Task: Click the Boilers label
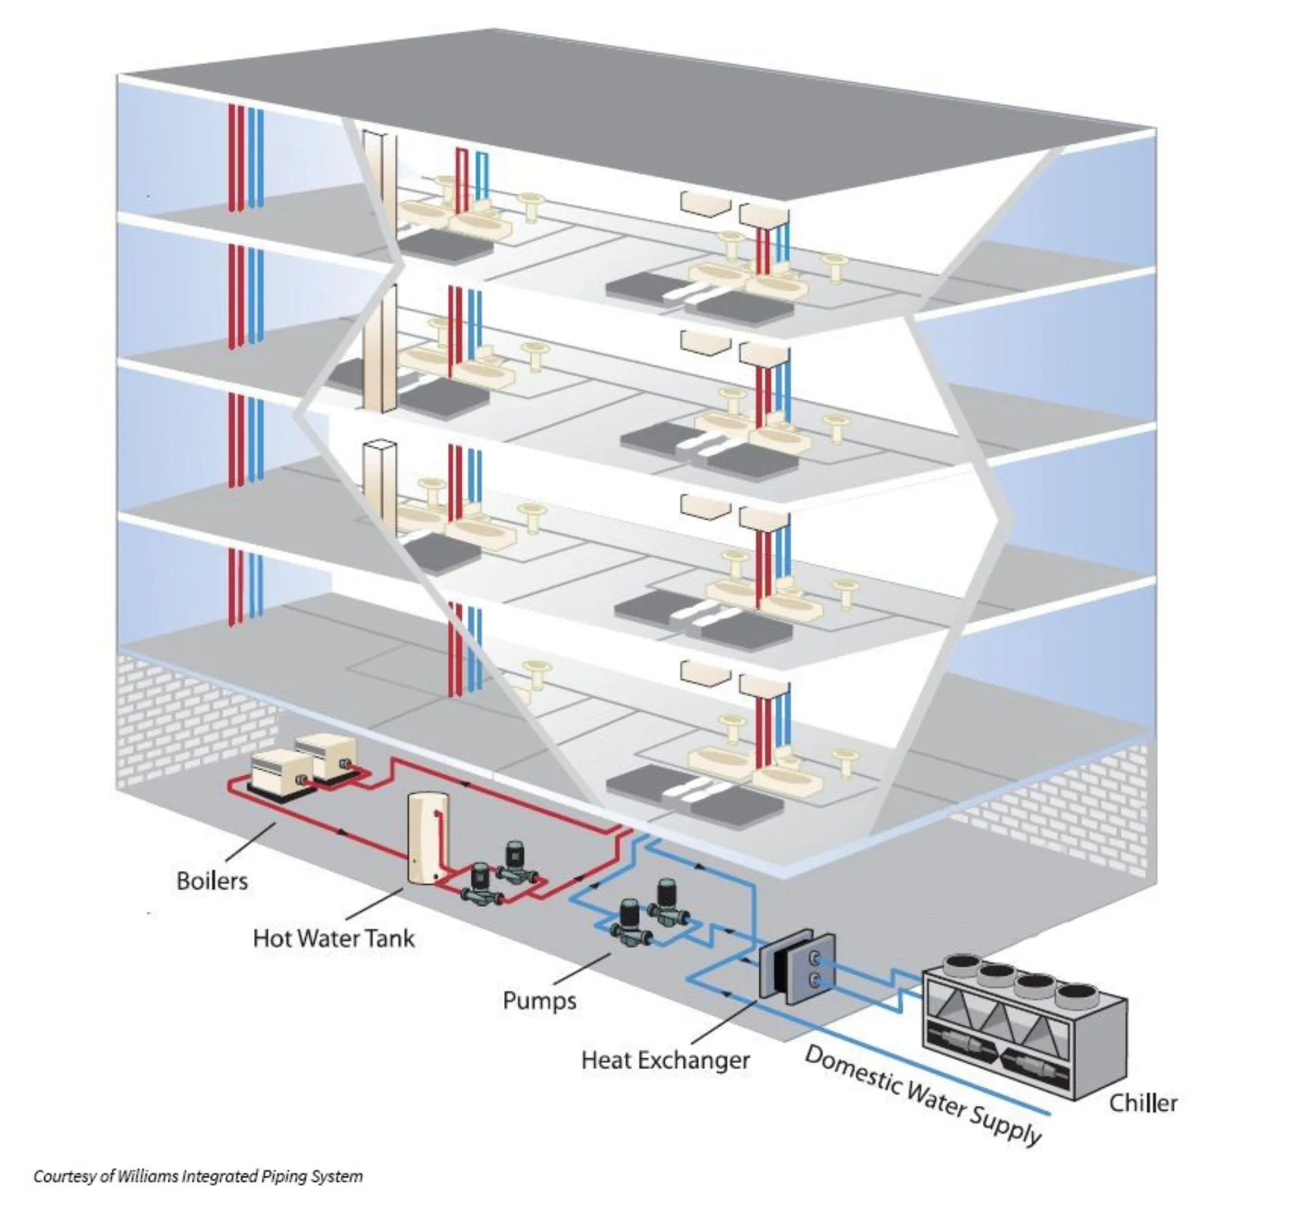(x=212, y=881)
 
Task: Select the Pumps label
(x=539, y=1001)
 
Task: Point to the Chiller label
(x=1143, y=1103)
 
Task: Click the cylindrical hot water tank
(x=428, y=839)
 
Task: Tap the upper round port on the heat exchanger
(x=814, y=958)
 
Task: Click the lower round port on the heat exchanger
(x=814, y=979)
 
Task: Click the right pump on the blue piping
(x=669, y=903)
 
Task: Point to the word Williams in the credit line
(x=148, y=1177)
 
